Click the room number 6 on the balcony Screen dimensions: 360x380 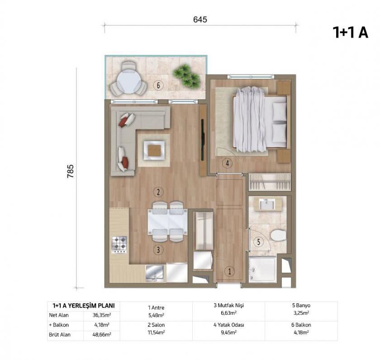[x=158, y=85]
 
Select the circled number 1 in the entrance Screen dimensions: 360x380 [x=230, y=271]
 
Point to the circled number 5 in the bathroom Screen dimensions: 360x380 [x=258, y=242]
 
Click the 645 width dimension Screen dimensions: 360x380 [x=200, y=19]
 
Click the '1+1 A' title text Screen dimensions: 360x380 [x=350, y=32]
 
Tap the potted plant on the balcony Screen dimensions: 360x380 [x=186, y=76]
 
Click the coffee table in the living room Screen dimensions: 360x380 [x=154, y=149]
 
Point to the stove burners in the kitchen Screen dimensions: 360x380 [x=119, y=244]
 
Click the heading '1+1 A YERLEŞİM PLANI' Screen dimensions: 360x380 [x=84, y=305]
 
